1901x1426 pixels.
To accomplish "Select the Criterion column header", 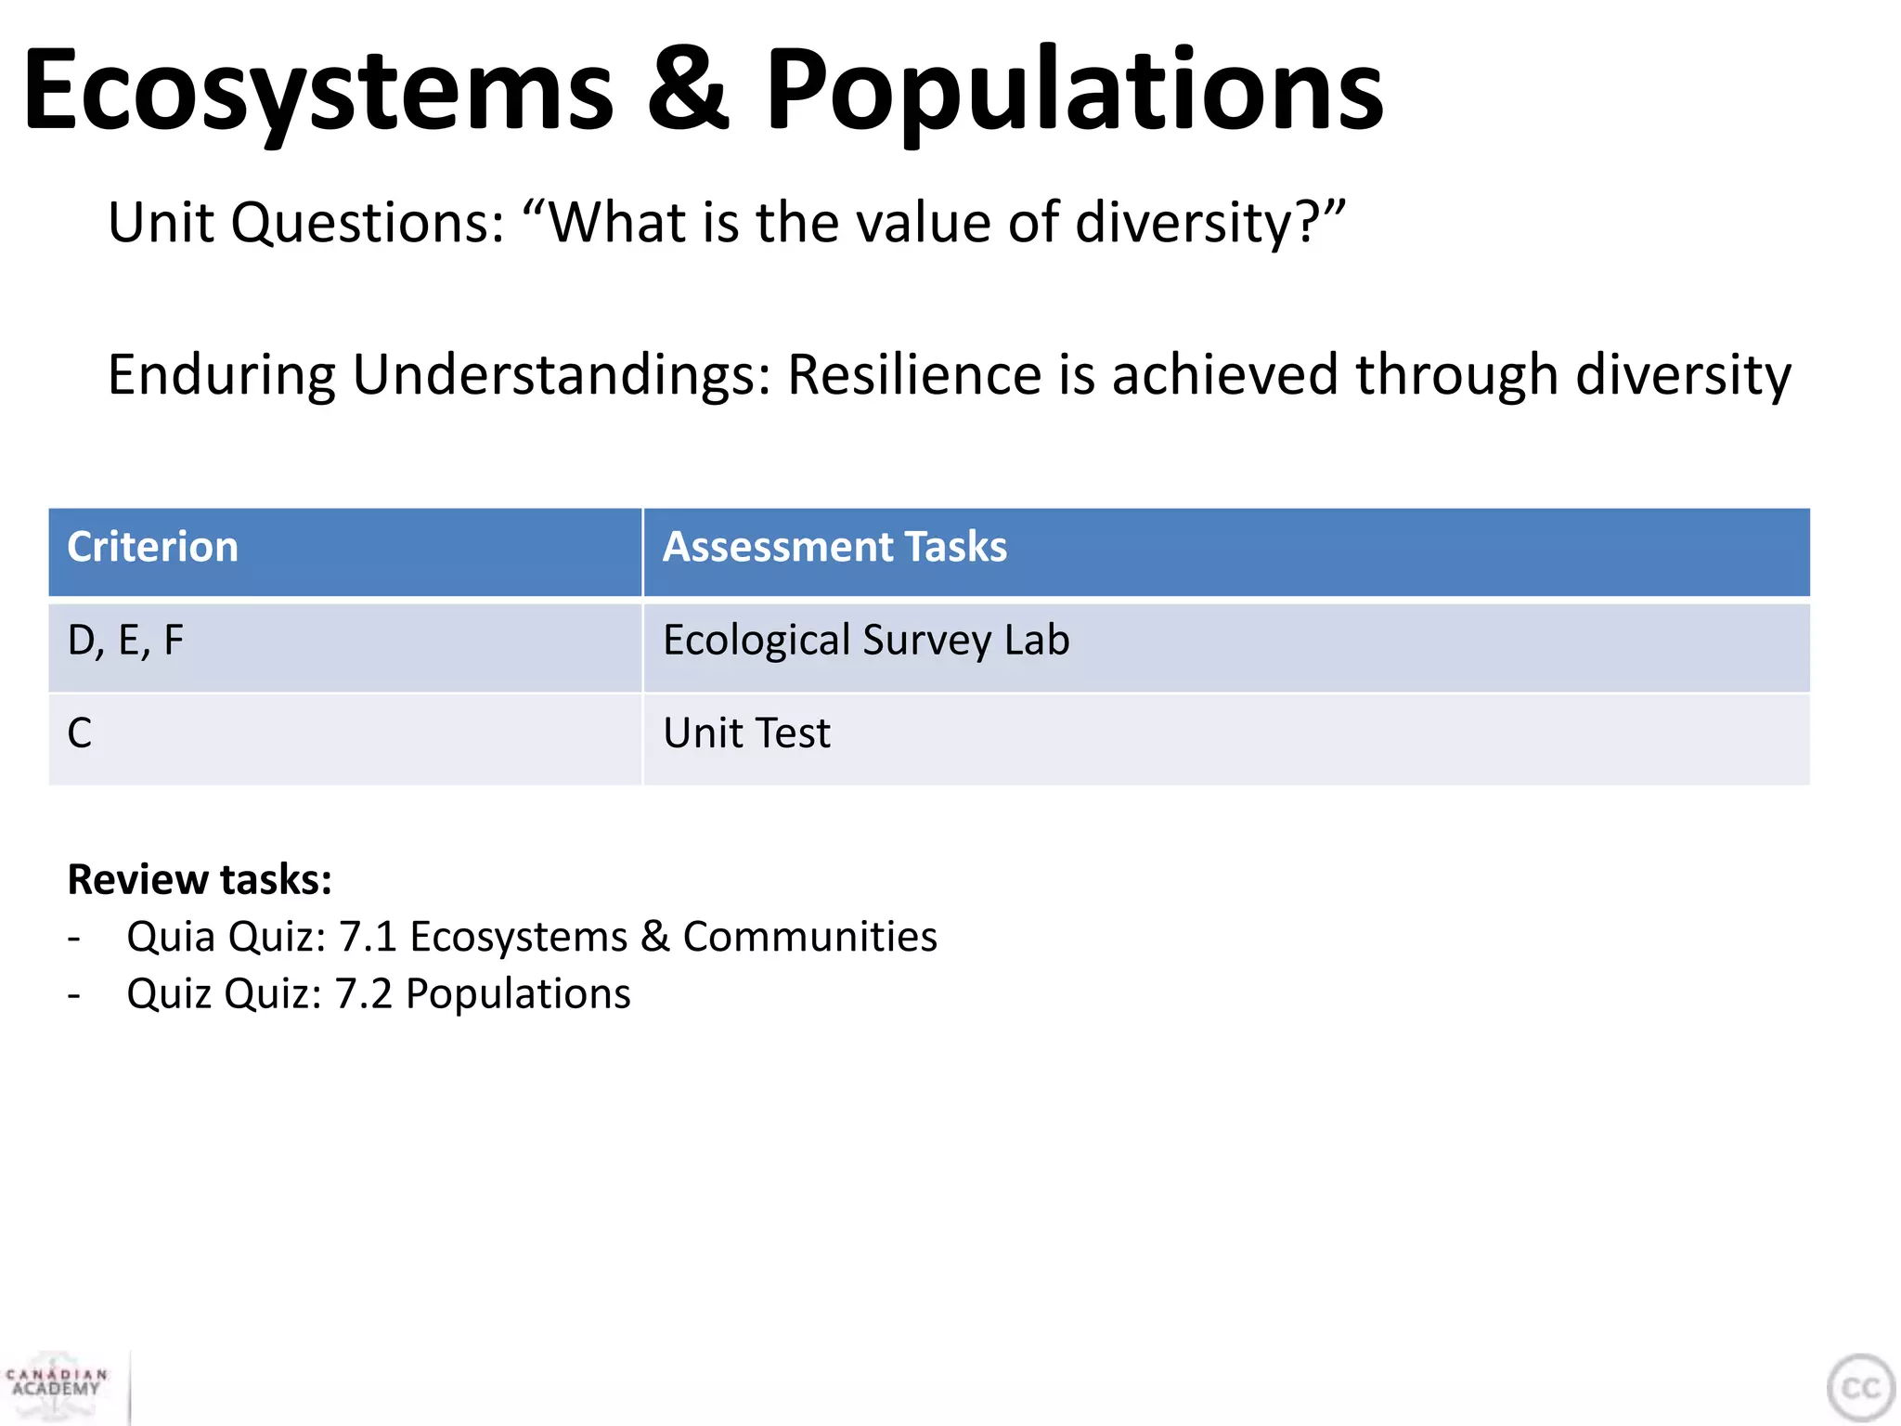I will [x=153, y=547].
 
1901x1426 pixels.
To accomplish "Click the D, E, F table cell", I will [x=126, y=642].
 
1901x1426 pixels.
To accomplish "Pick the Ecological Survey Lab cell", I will [x=865, y=642].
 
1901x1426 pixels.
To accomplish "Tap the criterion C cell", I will [x=80, y=733].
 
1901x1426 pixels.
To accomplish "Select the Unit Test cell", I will [x=746, y=733].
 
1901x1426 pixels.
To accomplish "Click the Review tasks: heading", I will [x=200, y=879].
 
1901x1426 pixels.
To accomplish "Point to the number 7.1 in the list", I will [x=369, y=937].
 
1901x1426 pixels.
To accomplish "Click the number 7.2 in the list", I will [x=364, y=994].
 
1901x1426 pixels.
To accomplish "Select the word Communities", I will [x=809, y=937].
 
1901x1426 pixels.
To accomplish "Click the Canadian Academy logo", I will [x=58, y=1384].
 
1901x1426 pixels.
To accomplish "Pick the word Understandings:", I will [x=562, y=375].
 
